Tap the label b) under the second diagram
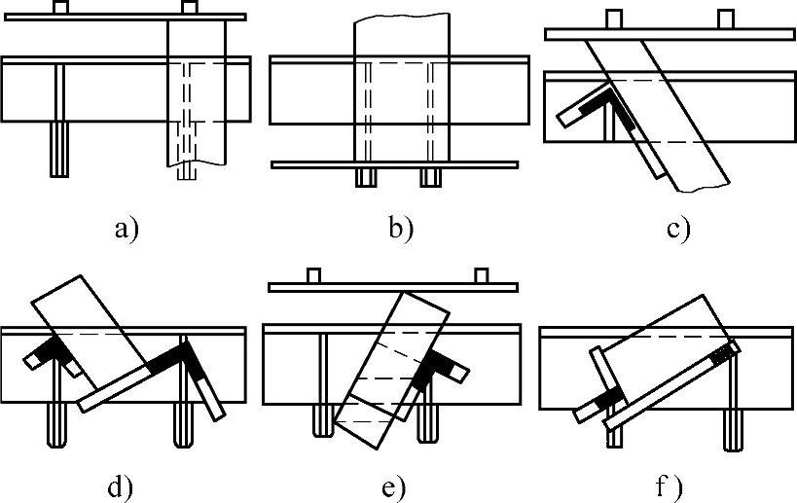(400, 230)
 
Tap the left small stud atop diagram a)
(60, 8)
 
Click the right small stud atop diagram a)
(189, 8)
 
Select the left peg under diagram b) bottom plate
(367, 177)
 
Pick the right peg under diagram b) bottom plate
(431, 177)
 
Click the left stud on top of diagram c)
(612, 18)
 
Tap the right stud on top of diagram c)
(725, 18)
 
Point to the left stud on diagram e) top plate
(313, 275)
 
